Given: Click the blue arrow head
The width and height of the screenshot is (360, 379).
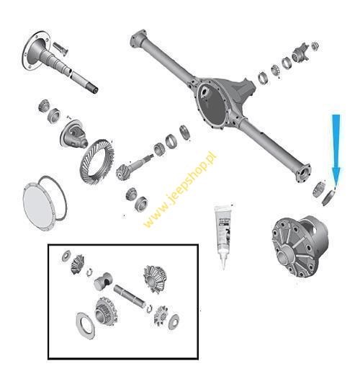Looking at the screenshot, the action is coord(336,176).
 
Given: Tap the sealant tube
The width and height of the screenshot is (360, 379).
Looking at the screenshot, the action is coord(223,235).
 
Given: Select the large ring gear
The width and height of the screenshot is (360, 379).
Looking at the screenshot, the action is coord(97,161).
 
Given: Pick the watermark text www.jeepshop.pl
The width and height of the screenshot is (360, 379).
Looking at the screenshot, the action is coord(180,189).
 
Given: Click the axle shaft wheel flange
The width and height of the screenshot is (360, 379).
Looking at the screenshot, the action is coord(36,51).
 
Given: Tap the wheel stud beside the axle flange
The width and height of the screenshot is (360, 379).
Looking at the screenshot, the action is coord(60,48).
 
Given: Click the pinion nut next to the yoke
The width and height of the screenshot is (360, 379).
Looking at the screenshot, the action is coord(315,45).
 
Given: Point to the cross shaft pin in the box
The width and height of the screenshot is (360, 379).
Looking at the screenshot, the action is coord(130,297).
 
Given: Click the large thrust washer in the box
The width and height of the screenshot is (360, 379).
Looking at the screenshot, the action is coord(85,326).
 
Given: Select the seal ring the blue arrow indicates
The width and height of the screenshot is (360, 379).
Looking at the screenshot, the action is coord(328,197).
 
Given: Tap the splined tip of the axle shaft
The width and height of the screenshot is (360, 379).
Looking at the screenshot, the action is coord(94,87).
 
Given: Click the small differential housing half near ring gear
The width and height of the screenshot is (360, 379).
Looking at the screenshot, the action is coord(73,134).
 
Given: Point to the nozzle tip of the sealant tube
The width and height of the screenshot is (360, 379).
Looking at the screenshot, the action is coord(223,268).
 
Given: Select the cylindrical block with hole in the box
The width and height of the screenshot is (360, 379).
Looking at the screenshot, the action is coord(103,281).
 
